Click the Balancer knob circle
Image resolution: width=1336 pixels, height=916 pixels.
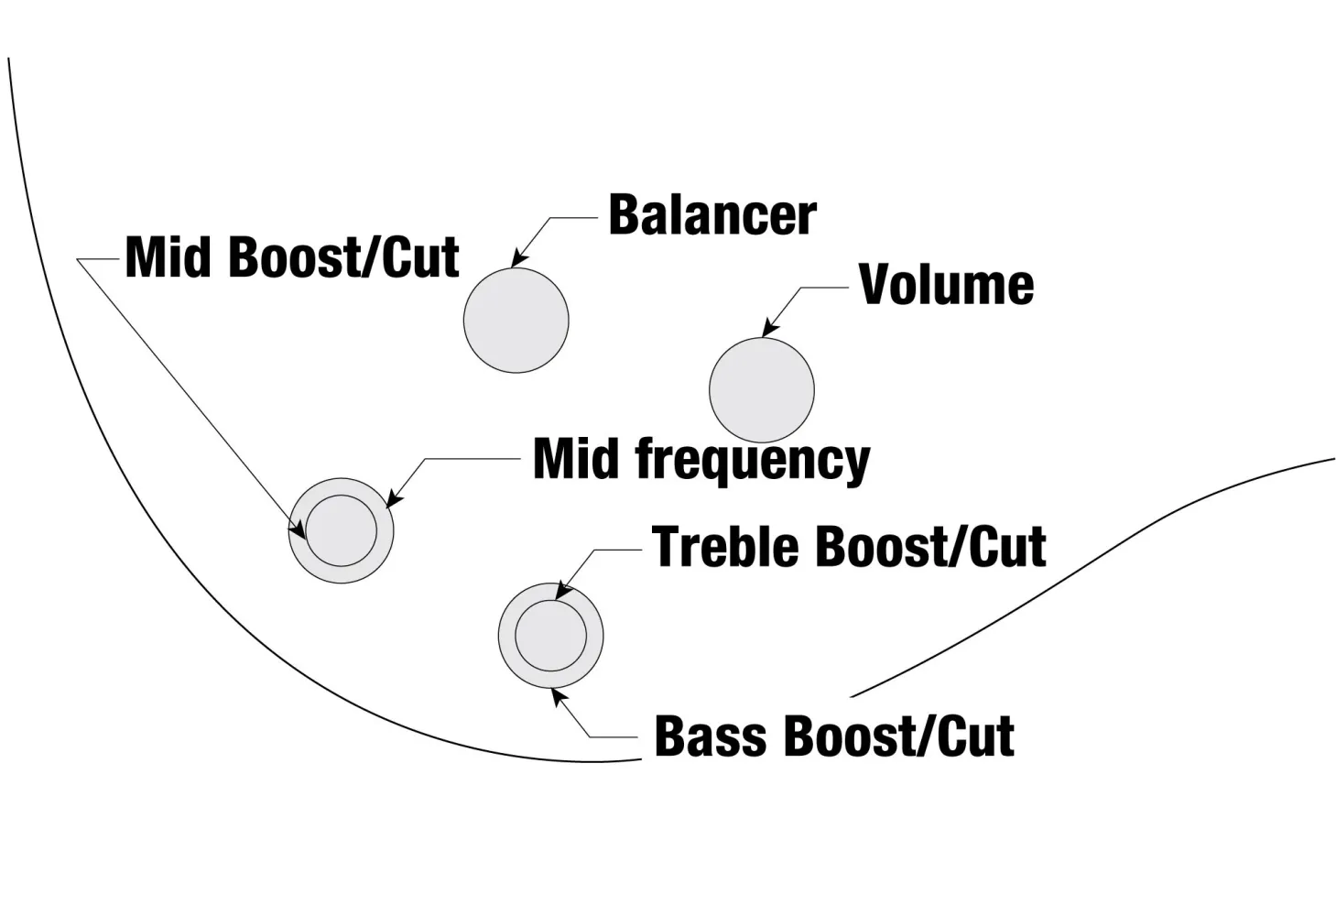(516, 320)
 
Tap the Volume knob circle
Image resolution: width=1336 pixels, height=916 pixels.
(761, 389)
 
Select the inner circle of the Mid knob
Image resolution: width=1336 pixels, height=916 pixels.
(341, 530)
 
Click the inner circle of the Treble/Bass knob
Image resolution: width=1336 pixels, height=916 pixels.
(550, 636)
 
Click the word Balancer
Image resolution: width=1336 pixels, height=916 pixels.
(711, 215)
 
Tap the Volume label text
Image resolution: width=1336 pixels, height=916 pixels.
(946, 285)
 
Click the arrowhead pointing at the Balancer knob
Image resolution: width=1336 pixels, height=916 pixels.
(517, 260)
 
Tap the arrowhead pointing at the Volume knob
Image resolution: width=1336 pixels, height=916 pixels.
(769, 330)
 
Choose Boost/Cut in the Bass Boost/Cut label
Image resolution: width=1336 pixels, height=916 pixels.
(899, 736)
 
